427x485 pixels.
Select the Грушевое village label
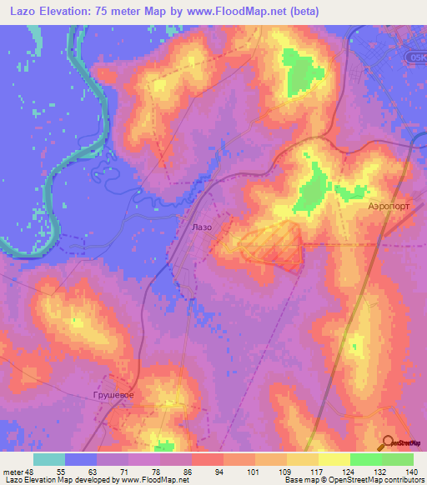(x=113, y=393)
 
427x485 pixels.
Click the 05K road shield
(x=419, y=56)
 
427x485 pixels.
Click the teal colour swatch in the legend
(x=49, y=459)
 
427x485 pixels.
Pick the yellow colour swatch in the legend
(x=334, y=459)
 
